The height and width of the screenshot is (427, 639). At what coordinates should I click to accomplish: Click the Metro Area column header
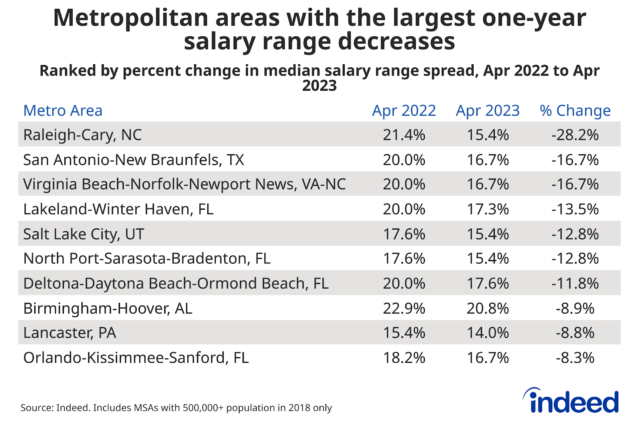point(63,111)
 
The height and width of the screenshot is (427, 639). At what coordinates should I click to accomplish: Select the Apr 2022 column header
point(404,111)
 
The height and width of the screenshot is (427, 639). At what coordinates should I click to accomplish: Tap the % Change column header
point(575,111)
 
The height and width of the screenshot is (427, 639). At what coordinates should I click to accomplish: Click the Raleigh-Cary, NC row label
point(82,135)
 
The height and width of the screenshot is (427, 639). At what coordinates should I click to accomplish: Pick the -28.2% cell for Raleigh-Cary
point(575,135)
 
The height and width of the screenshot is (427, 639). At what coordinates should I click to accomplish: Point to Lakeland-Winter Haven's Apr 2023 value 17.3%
point(488,209)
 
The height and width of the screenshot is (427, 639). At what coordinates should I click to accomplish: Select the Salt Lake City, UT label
point(83,234)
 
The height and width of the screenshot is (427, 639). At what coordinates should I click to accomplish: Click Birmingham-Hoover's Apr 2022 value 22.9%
point(404,308)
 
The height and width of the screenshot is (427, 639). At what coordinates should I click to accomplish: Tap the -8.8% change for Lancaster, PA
point(575,333)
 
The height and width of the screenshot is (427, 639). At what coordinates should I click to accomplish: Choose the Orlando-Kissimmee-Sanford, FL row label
point(136,357)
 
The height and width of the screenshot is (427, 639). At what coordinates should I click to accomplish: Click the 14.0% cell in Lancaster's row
point(488,333)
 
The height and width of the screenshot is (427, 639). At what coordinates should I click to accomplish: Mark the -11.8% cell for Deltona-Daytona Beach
point(575,284)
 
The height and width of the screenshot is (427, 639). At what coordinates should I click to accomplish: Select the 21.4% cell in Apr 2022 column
point(404,135)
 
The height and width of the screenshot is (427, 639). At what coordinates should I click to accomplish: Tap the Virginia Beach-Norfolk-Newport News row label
point(184,184)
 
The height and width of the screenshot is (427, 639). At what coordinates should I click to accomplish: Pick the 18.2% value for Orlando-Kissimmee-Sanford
point(404,357)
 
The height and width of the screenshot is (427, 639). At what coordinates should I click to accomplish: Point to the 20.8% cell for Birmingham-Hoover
point(488,308)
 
